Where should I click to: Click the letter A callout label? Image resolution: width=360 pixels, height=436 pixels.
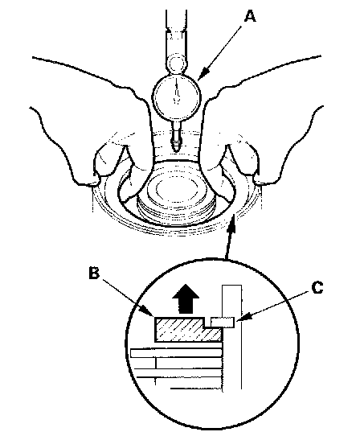250,16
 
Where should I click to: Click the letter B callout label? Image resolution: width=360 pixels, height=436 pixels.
94,273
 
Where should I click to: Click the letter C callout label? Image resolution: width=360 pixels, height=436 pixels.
317,287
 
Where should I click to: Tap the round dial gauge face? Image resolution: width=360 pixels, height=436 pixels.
176,96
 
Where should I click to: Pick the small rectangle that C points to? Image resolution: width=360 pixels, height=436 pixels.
223,323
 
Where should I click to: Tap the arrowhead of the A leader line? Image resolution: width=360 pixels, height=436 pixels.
202,73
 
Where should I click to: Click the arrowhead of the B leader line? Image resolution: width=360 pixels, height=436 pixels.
149,311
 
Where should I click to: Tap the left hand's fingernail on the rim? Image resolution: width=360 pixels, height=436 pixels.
92,183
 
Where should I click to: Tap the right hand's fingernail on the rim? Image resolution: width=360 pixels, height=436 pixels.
261,182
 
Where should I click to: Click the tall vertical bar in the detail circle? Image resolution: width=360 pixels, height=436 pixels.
232,337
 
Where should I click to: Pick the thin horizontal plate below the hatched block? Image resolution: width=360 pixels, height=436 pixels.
177,353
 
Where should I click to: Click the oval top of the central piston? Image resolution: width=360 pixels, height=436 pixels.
177,189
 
